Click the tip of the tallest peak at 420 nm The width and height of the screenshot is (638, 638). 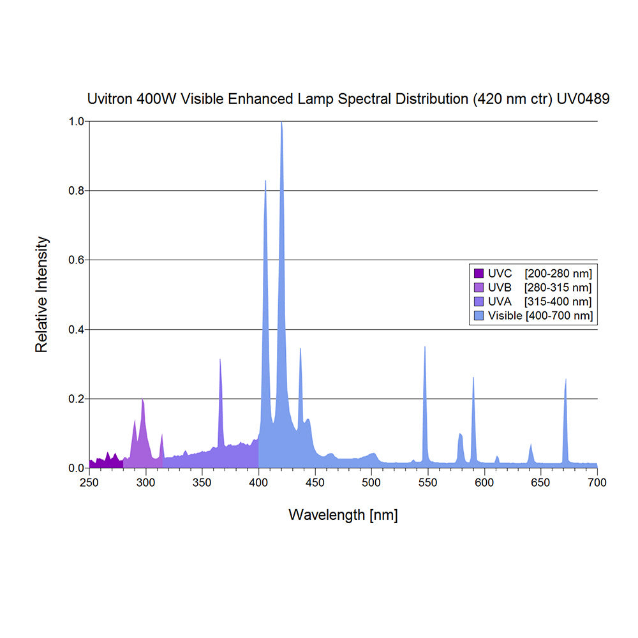pyautogui.click(x=281, y=122)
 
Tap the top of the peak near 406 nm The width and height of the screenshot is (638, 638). pyautogui.click(x=265, y=181)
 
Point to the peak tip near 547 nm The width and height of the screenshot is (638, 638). pyautogui.click(x=425, y=347)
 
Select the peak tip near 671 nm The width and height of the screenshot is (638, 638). pyautogui.click(x=566, y=379)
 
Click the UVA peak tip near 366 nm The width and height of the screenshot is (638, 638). pyautogui.click(x=220, y=359)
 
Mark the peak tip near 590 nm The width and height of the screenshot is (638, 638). pyautogui.click(x=473, y=378)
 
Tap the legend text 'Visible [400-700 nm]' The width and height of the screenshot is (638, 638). pyautogui.click(x=540, y=316)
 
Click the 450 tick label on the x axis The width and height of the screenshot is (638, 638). pyautogui.click(x=315, y=482)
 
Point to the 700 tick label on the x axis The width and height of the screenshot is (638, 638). pyautogui.click(x=597, y=482)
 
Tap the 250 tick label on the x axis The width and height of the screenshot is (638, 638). pyautogui.click(x=89, y=482)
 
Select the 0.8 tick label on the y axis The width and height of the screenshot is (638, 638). pyautogui.click(x=76, y=191)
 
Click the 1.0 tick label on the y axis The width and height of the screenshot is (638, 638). pyautogui.click(x=76, y=121)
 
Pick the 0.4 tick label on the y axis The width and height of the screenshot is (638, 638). pyautogui.click(x=76, y=330)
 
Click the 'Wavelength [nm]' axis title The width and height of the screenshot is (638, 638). pyautogui.click(x=343, y=515)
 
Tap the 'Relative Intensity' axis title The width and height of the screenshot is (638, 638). pyautogui.click(x=42, y=295)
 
